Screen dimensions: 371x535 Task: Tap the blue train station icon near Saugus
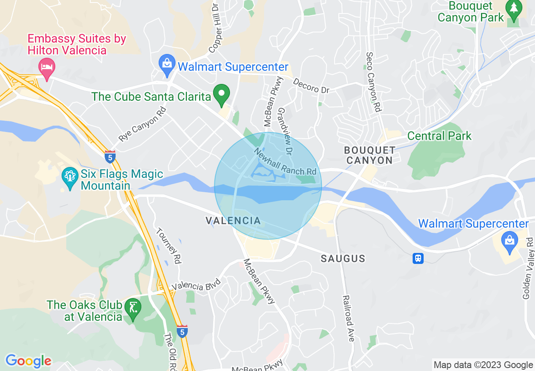tap(418, 258)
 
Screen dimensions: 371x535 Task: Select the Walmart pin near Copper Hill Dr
tap(167, 65)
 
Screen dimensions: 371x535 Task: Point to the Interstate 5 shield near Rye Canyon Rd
tap(110, 157)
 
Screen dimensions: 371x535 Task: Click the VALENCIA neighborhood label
tap(233, 220)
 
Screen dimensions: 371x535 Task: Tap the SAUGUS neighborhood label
tap(343, 258)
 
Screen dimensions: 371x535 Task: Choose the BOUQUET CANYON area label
tap(370, 155)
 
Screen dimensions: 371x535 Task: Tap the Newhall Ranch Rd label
tap(285, 162)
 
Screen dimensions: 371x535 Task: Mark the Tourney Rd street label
tap(168, 246)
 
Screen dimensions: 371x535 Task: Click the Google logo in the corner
tap(28, 361)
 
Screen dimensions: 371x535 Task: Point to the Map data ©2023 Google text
tap(483, 365)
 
